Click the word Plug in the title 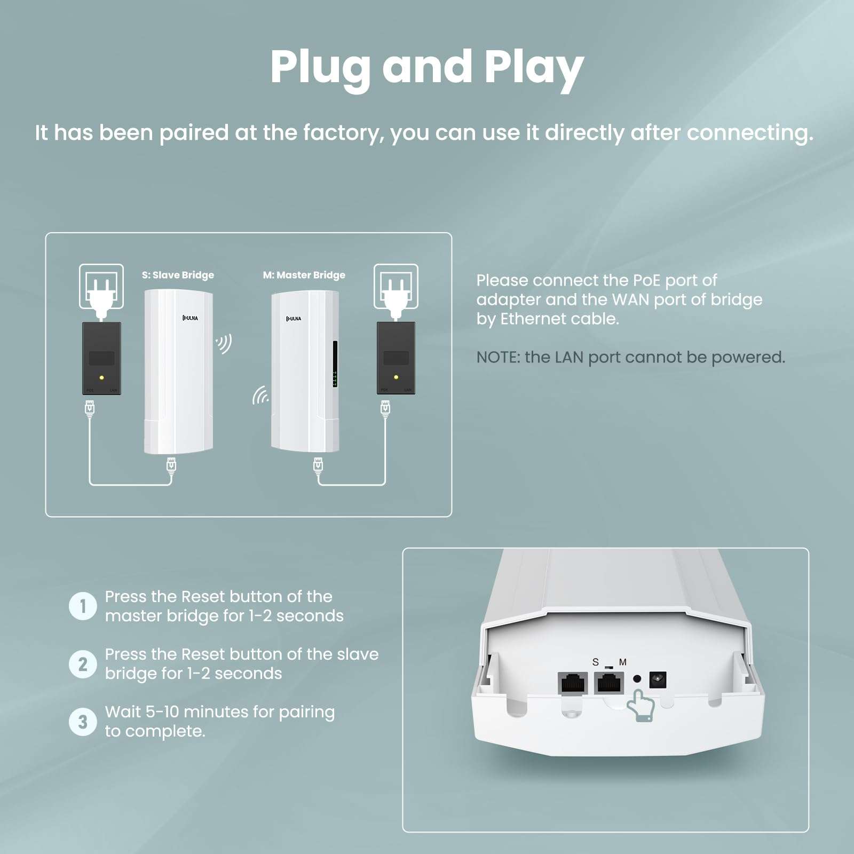(x=320, y=68)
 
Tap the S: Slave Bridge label (x=178, y=275)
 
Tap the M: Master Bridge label (x=304, y=275)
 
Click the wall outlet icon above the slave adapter (x=101, y=287)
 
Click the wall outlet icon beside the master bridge (x=396, y=287)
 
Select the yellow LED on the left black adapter (x=101, y=377)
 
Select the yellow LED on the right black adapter (x=396, y=377)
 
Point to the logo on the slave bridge (x=190, y=318)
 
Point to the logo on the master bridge (x=294, y=319)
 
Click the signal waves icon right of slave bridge (x=224, y=344)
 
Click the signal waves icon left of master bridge (x=260, y=396)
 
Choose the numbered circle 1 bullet (x=83, y=606)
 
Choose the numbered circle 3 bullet (x=83, y=722)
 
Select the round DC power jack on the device (x=658, y=680)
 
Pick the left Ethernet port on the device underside (x=573, y=683)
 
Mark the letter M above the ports (x=622, y=662)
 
